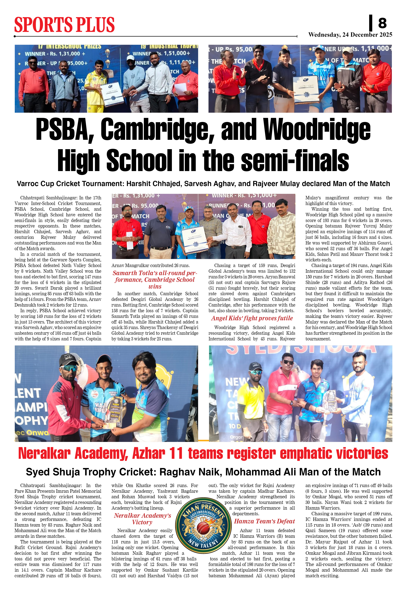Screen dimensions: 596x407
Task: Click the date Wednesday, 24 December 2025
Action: (x=350, y=35)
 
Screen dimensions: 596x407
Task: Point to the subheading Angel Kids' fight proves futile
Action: (x=252, y=318)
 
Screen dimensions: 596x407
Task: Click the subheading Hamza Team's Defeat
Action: (x=264, y=521)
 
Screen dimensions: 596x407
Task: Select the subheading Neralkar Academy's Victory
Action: (x=142, y=519)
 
